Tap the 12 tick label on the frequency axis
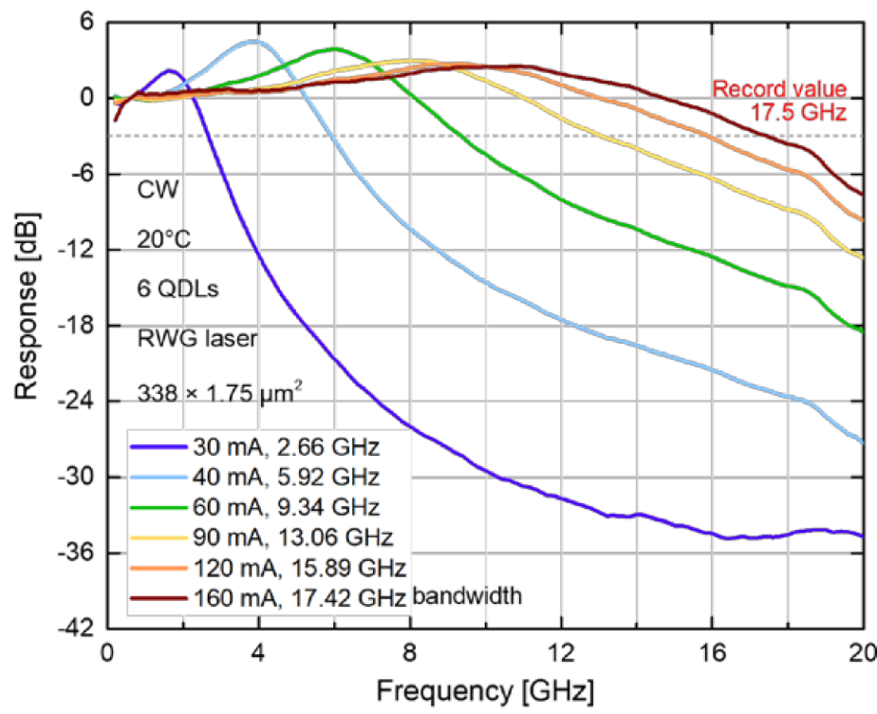point(561,652)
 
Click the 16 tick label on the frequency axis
point(713,652)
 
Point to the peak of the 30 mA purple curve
point(171,70)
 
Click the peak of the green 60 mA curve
point(334,48)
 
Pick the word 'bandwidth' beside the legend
point(467,598)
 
